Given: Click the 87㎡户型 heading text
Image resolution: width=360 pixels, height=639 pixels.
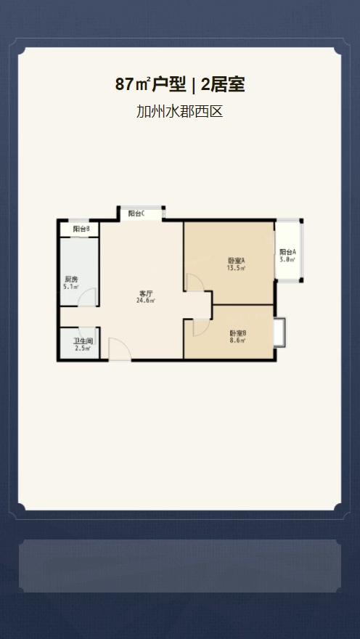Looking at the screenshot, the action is click(x=151, y=85).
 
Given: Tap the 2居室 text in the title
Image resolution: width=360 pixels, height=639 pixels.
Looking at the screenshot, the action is click(x=223, y=85).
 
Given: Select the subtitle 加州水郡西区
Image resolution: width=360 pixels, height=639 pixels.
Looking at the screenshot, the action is click(x=179, y=111).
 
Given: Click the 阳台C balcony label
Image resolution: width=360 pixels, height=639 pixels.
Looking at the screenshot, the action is click(x=137, y=213).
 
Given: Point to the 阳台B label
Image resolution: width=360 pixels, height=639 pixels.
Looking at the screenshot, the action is click(x=81, y=229).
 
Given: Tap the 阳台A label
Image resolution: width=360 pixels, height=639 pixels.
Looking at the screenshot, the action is click(x=287, y=252).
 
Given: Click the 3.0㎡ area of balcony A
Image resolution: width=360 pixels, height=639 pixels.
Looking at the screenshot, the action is click(x=287, y=260).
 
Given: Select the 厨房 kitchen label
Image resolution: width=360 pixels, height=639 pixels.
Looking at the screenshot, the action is click(x=71, y=280).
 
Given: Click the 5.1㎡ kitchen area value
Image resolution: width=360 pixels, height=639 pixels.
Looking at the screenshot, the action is click(x=71, y=287).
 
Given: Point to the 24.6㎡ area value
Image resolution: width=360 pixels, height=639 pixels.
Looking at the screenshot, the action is click(x=146, y=301).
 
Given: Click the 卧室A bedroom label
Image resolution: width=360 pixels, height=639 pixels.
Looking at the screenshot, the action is click(x=236, y=261).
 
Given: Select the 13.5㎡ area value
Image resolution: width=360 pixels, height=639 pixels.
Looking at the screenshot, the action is click(x=236, y=268).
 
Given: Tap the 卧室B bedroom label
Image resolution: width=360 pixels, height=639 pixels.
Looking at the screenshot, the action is click(x=237, y=333).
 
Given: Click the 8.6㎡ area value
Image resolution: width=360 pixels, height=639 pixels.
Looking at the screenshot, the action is click(x=237, y=341).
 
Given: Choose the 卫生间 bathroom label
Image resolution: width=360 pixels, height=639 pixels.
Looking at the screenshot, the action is click(x=81, y=341).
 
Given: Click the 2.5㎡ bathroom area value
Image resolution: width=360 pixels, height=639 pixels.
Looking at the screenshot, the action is click(x=82, y=349).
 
